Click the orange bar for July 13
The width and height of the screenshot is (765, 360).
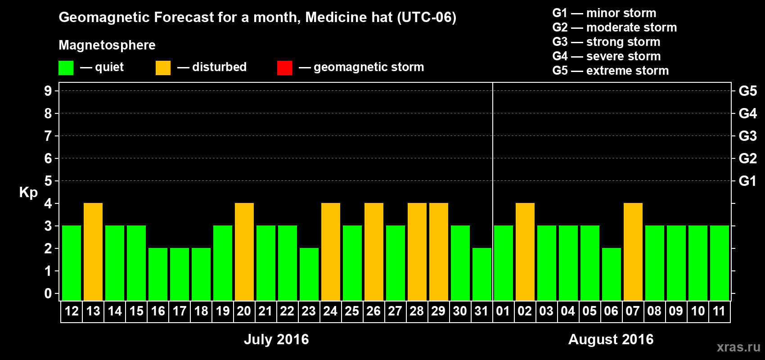[93, 252]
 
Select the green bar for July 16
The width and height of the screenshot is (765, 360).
[158, 274]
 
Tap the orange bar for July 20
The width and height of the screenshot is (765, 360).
[244, 252]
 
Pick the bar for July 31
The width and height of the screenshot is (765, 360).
[482, 274]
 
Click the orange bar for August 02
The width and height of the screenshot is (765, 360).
[525, 252]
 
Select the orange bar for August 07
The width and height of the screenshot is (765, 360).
[633, 252]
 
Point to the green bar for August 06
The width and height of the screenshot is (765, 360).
[612, 274]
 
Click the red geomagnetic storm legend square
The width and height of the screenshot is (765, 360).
[284, 68]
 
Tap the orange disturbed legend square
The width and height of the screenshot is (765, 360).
[163, 68]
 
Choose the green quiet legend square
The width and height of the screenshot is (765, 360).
[66, 68]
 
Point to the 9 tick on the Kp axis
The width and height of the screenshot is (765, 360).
[48, 91]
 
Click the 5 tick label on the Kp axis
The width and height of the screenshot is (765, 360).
[48, 181]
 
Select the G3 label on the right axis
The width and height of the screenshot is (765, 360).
[747, 136]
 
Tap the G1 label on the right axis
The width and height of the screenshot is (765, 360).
[747, 181]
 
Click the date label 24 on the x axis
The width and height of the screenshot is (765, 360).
[330, 311]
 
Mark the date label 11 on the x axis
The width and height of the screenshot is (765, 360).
[719, 311]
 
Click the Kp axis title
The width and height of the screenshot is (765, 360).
[28, 192]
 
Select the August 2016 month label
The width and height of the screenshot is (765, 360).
[611, 339]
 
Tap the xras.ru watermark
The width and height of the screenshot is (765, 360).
[738, 346]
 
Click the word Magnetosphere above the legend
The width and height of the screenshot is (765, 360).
[107, 45]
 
